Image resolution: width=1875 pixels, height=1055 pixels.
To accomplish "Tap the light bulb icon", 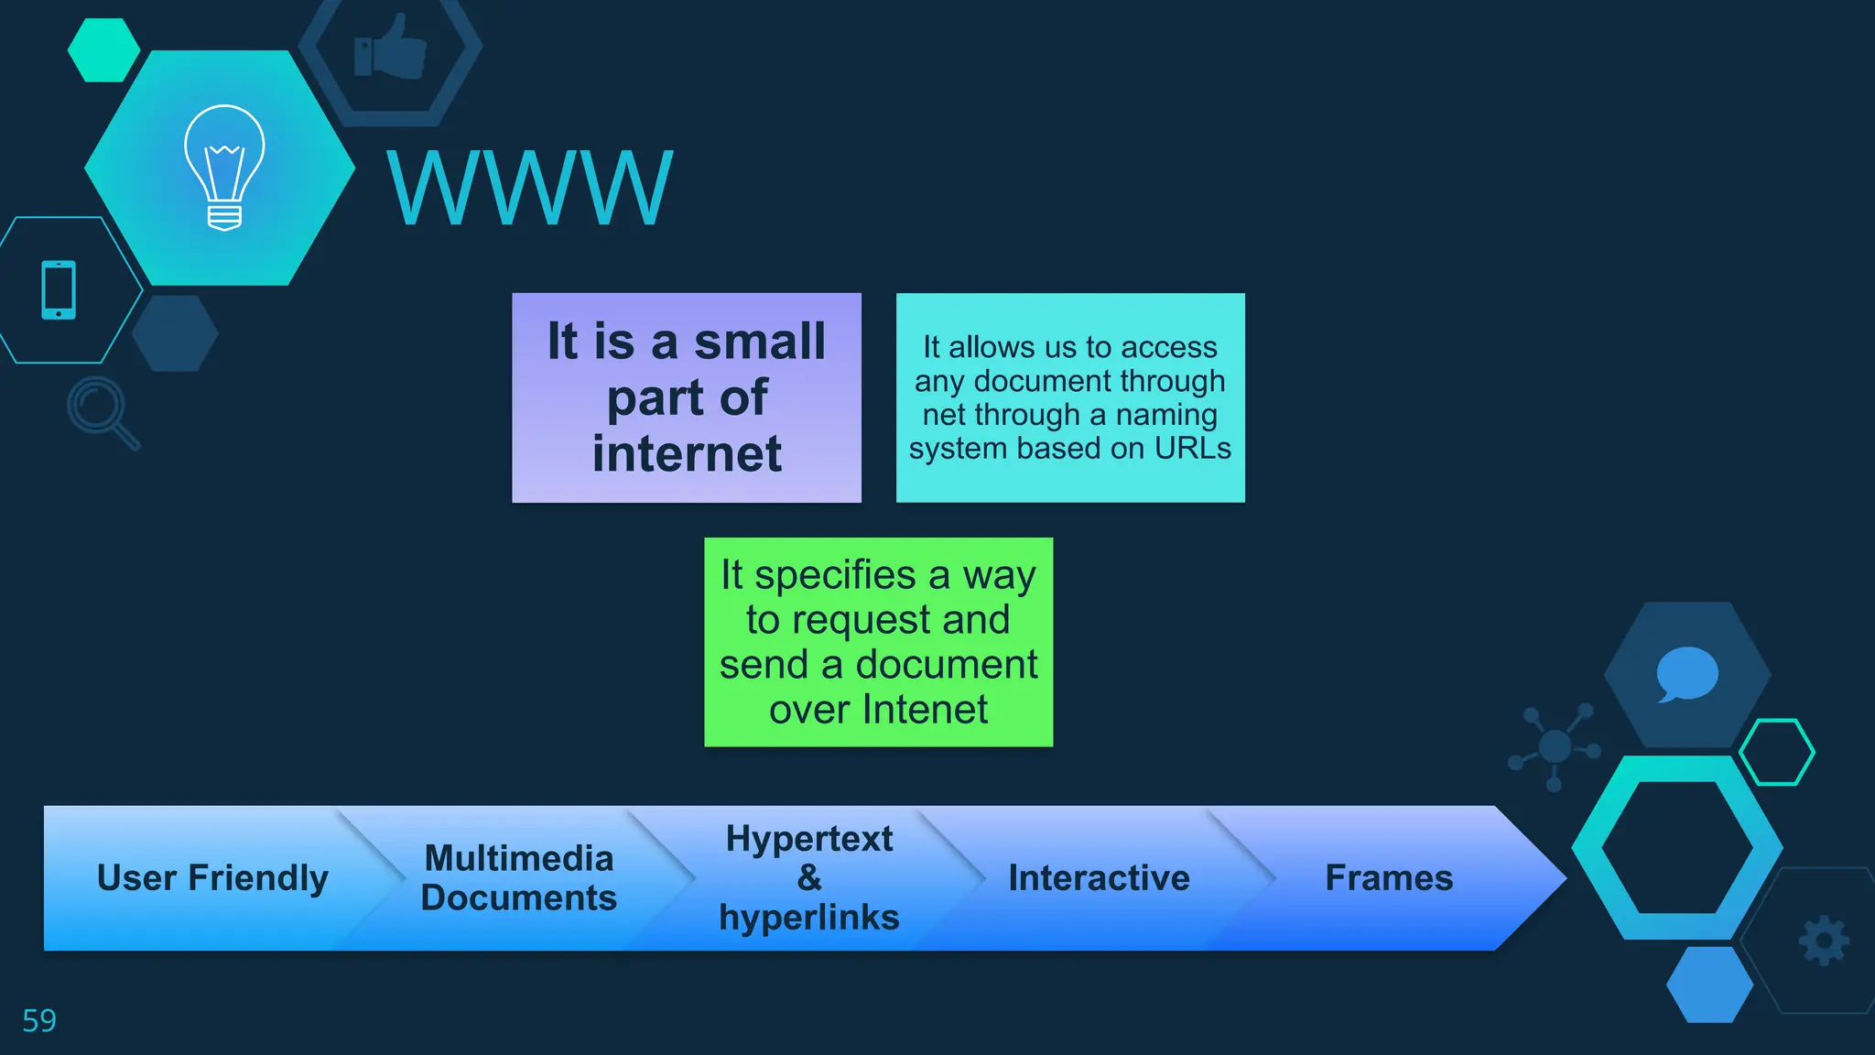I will [x=224, y=167].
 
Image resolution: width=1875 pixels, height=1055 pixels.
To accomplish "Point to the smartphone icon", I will [x=59, y=290].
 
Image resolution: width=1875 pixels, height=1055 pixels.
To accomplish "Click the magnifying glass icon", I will [x=102, y=411].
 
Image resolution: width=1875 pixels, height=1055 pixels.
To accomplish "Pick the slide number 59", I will [x=39, y=1020].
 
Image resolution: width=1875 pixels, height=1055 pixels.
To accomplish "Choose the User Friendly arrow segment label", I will [x=212, y=877].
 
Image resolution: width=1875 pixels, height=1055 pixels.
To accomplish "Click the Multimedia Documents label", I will [x=519, y=877].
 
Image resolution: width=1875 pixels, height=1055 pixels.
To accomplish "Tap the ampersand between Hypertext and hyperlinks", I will [x=809, y=877].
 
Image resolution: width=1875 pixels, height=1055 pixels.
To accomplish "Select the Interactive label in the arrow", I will [x=1099, y=877].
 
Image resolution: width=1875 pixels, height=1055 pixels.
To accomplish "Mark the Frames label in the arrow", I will [x=1389, y=877].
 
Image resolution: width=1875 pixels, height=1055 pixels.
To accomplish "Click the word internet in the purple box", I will [x=687, y=454].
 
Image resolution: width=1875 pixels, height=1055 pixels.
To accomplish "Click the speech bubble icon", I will [x=1686, y=674].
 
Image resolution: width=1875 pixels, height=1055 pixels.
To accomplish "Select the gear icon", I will [x=1824, y=940].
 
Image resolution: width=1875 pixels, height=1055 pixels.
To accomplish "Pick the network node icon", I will [x=1555, y=745].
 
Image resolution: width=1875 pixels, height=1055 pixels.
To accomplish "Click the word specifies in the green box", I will [x=835, y=575].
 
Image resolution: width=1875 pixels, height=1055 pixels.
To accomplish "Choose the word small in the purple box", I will [x=760, y=342].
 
